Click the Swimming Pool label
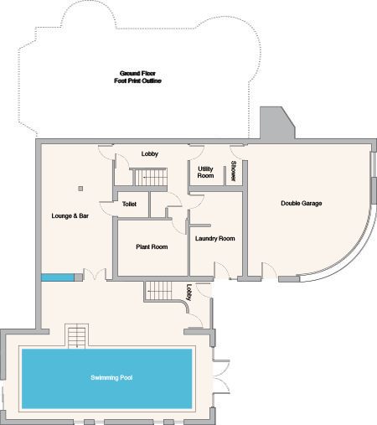(x=111, y=378)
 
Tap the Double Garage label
(x=302, y=203)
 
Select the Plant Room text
(x=152, y=246)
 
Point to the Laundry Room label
(x=214, y=238)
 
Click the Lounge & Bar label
(x=70, y=215)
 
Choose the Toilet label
(x=129, y=204)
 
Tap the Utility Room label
(x=205, y=172)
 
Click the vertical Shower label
(x=234, y=171)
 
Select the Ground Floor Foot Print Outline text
(x=137, y=77)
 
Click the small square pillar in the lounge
(x=80, y=189)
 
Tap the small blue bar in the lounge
(x=58, y=277)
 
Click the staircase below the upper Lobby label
(x=151, y=177)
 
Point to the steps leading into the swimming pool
(x=77, y=338)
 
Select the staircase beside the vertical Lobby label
(x=158, y=291)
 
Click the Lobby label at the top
(x=150, y=153)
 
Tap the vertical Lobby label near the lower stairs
(x=189, y=293)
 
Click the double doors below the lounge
(x=95, y=274)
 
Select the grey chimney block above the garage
(x=277, y=122)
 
